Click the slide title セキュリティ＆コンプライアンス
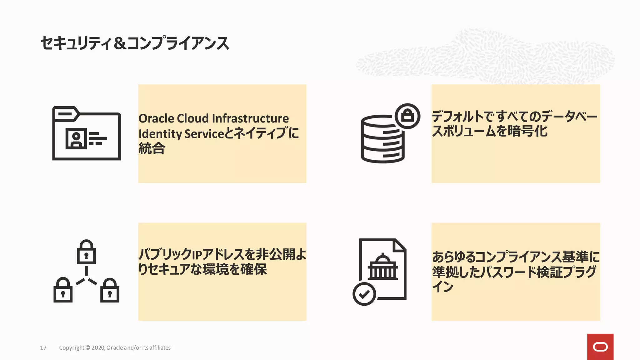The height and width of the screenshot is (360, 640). click(135, 43)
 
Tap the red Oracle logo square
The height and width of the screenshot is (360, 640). click(600, 347)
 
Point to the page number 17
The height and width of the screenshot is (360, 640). click(43, 348)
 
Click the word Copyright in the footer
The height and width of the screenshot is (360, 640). click(72, 348)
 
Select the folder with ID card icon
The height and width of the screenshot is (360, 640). click(87, 133)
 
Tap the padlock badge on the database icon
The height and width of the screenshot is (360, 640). click(407, 116)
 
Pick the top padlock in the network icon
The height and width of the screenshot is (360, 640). click(86, 252)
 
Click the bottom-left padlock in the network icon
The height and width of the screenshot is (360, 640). click(63, 290)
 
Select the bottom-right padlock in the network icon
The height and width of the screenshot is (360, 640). click(110, 290)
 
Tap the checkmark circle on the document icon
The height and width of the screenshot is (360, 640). click(364, 294)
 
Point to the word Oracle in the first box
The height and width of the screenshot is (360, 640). click(156, 119)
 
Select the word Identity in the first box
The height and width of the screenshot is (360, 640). click(160, 134)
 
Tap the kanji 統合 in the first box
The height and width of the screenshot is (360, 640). click(152, 148)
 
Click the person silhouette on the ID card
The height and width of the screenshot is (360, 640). click(76, 139)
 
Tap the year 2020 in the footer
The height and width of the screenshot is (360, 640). click(98, 348)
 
